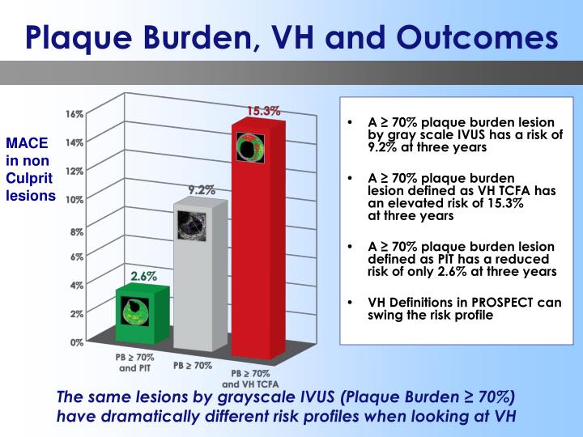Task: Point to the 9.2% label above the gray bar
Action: [x=202, y=190]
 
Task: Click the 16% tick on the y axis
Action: [x=74, y=114]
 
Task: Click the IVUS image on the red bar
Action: [x=250, y=148]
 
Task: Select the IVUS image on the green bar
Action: [x=134, y=312]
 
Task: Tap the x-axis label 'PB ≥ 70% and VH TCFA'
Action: [x=253, y=378]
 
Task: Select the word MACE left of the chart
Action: [x=28, y=144]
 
